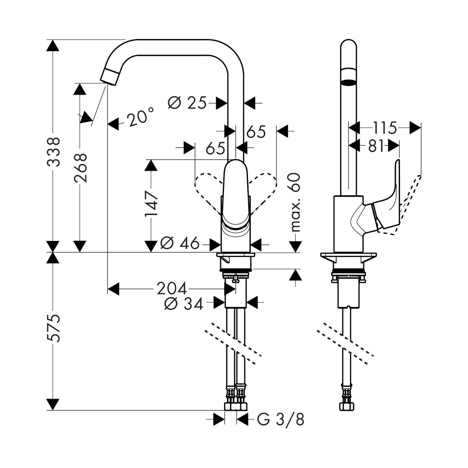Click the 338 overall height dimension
pyautogui.click(x=53, y=152)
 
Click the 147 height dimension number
pyautogui.click(x=152, y=204)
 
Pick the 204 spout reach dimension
pyautogui.click(x=172, y=289)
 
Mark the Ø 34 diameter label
pyautogui.click(x=184, y=304)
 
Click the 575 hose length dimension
pyautogui.click(x=53, y=329)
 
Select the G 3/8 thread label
pyautogui.click(x=280, y=420)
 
